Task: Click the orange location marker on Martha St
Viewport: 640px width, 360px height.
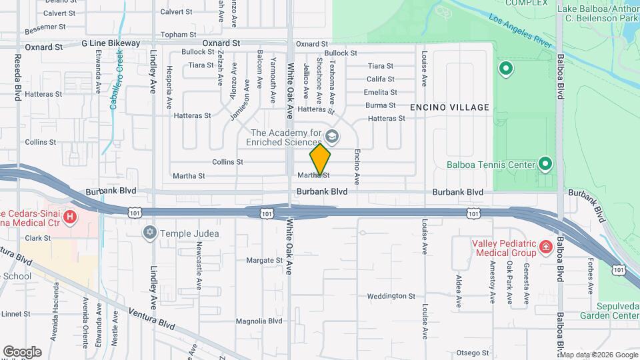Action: pyautogui.click(x=320, y=159)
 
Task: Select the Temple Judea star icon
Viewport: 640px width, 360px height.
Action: pyautogui.click(x=149, y=232)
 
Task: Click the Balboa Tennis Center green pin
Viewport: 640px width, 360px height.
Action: pyautogui.click(x=545, y=163)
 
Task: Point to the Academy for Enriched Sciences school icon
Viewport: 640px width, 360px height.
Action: pyautogui.click(x=332, y=137)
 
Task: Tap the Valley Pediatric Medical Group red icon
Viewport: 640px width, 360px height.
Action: pyautogui.click(x=546, y=247)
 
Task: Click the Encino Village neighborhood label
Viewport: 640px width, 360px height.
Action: pyautogui.click(x=449, y=107)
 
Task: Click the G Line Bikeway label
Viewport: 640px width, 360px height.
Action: pyautogui.click(x=111, y=43)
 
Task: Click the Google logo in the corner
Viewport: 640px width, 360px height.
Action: pyautogui.click(x=22, y=352)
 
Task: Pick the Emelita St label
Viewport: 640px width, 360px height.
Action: pyautogui.click(x=381, y=93)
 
